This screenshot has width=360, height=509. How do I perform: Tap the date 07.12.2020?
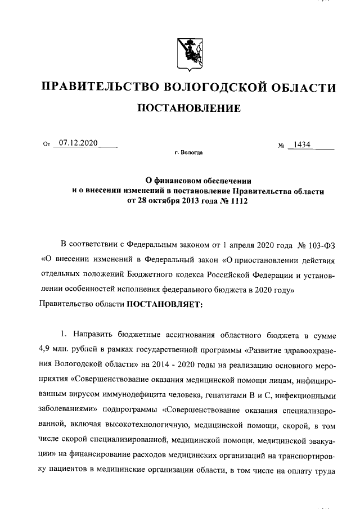78,143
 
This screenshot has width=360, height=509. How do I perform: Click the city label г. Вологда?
189,152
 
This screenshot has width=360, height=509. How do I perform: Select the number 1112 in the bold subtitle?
236,201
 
